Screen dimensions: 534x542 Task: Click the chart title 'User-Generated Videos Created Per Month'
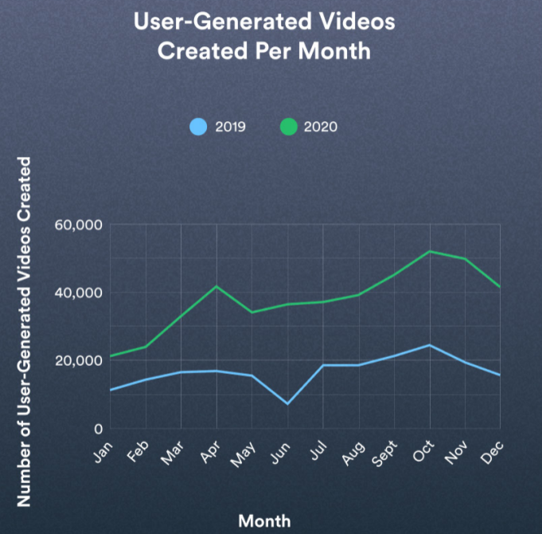point(264,36)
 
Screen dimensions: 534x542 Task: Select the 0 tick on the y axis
point(98,429)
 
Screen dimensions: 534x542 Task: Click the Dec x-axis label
point(492,452)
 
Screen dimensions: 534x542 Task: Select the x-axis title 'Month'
point(264,520)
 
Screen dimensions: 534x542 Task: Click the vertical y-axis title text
point(24,331)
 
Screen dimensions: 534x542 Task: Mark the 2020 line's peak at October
point(430,251)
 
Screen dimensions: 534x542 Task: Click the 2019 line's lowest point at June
point(287,404)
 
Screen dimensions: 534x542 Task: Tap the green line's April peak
point(216,286)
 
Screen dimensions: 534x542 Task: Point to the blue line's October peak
point(430,345)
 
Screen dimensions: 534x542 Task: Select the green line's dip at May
point(252,312)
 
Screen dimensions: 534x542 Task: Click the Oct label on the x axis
point(420,452)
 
